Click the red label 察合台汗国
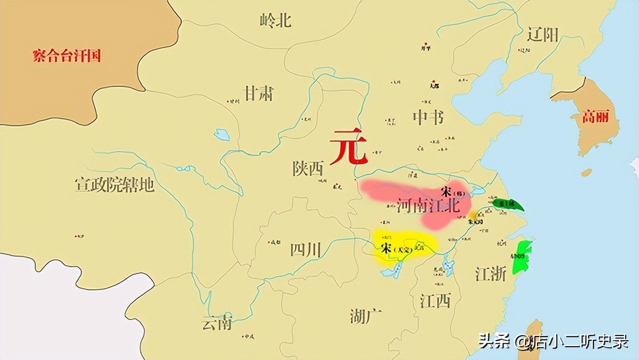click(x=67, y=56)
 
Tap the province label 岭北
click(x=275, y=20)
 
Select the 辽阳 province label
click(x=542, y=35)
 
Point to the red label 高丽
click(x=595, y=117)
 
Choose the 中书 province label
click(x=428, y=117)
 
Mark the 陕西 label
click(x=308, y=168)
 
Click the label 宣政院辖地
click(x=114, y=184)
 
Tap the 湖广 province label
click(x=366, y=316)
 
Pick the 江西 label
click(x=435, y=301)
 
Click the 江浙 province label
click(x=490, y=274)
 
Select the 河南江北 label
click(x=428, y=206)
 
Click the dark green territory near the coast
click(x=508, y=205)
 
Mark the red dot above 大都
click(x=434, y=81)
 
